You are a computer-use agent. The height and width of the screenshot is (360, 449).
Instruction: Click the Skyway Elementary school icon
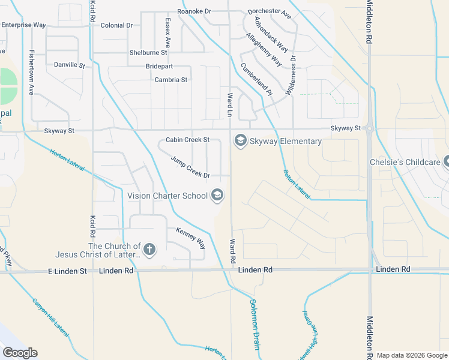click(240, 141)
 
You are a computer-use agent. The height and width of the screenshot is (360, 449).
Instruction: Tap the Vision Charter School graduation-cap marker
click(217, 195)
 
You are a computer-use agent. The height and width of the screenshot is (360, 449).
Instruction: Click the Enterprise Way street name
click(23, 25)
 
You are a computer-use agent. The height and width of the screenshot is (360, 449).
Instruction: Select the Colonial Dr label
click(116, 25)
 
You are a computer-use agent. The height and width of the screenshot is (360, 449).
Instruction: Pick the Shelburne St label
click(148, 53)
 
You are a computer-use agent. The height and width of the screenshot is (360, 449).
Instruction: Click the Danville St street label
click(70, 64)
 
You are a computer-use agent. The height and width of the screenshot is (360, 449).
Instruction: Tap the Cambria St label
click(171, 79)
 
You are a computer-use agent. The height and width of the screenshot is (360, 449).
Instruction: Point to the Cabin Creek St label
click(187, 139)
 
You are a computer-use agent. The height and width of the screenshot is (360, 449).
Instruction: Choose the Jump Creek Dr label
click(190, 167)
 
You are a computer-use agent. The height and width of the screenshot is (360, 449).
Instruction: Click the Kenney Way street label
click(190, 238)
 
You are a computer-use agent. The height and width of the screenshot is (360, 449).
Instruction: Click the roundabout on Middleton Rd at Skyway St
click(369, 128)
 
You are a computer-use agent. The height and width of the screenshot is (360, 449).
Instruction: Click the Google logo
click(20, 352)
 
